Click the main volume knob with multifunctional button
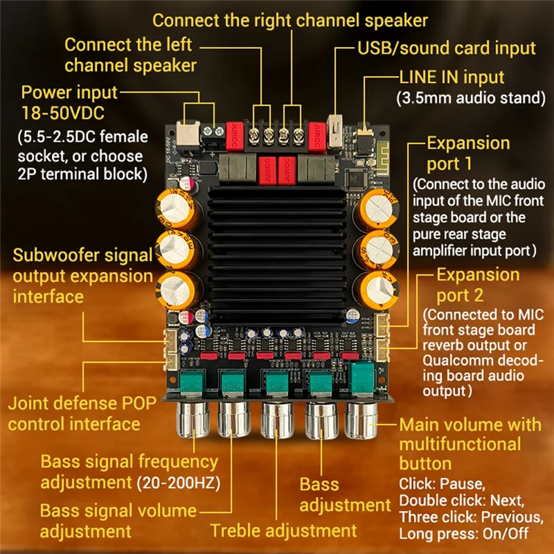pyautogui.click(x=361, y=420)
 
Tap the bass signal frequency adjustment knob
pyautogui.click(x=190, y=420)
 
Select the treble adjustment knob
pyautogui.click(x=277, y=420)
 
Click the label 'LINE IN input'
pyautogui.click(x=452, y=77)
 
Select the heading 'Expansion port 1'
pyautogui.click(x=468, y=154)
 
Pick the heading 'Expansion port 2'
pyautogui.click(x=477, y=285)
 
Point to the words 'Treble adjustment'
pyautogui.click(x=283, y=530)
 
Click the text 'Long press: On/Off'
pyautogui.click(x=463, y=535)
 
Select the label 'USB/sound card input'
pyautogui.click(x=447, y=48)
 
